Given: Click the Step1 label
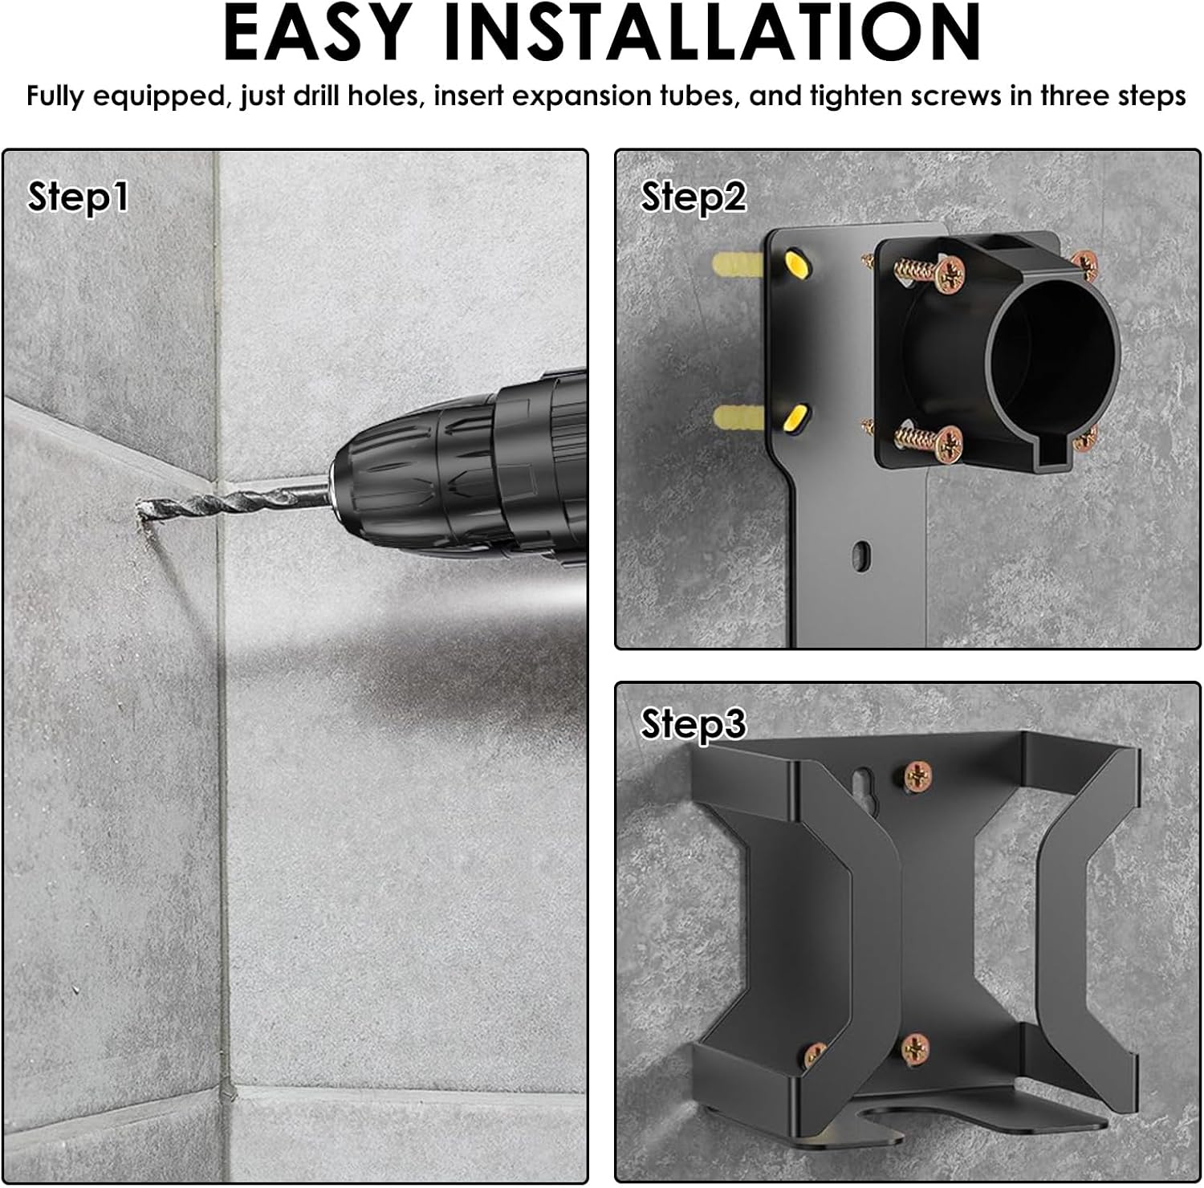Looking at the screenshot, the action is coord(78,197).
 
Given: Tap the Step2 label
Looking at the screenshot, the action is coord(694,197).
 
